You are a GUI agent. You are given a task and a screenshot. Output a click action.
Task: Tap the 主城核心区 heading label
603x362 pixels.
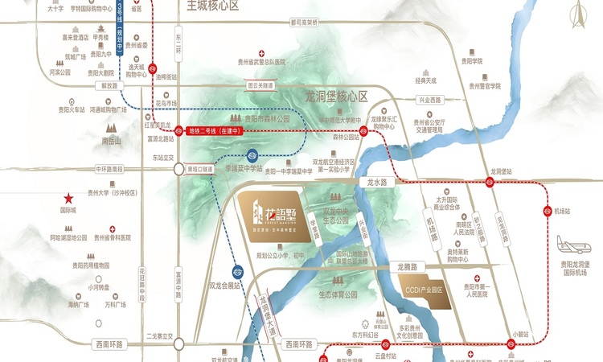pos(213,6)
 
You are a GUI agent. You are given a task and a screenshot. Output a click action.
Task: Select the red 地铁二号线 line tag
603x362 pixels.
pos(215,130)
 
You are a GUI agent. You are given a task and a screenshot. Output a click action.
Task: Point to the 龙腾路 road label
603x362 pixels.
pos(409,265)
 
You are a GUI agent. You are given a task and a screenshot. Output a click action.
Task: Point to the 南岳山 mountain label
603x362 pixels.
pos(110,139)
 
